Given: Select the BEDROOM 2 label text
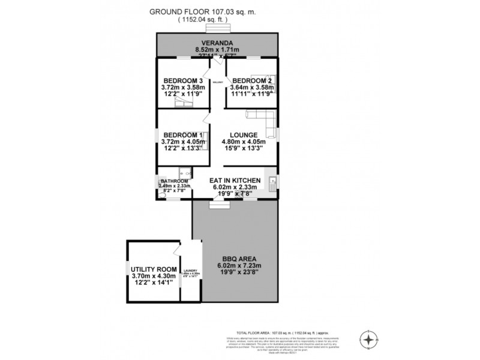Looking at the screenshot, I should (252, 80).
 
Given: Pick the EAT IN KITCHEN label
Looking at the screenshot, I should (234, 180).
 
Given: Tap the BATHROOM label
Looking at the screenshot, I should (174, 181).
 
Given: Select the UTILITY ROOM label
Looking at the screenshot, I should (154, 269).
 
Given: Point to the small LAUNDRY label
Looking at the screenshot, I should (191, 271).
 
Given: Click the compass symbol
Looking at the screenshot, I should (367, 339).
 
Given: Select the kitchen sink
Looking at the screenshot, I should (272, 182).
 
